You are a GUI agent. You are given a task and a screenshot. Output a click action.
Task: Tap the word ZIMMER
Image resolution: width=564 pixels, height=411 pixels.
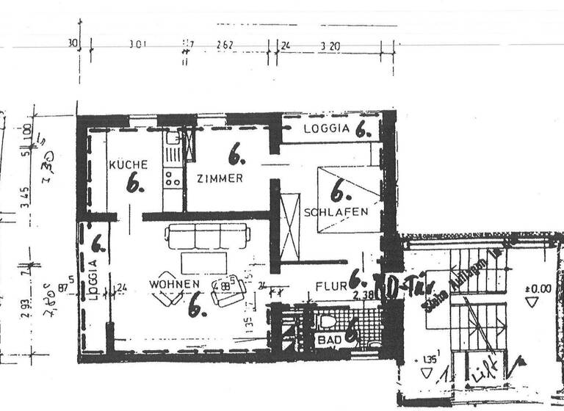tap(220, 178)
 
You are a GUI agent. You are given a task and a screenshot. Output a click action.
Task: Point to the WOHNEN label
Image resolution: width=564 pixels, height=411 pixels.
tap(174, 283)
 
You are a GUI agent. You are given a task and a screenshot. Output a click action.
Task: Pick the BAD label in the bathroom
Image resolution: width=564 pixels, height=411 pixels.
tap(328, 341)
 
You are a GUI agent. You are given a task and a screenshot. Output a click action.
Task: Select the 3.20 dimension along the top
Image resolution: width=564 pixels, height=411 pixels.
tap(331, 45)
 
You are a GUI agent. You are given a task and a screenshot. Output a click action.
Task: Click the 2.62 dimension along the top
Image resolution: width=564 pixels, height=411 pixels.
tap(225, 45)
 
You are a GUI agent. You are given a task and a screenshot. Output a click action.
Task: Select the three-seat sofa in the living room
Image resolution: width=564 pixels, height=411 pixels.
tap(207, 236)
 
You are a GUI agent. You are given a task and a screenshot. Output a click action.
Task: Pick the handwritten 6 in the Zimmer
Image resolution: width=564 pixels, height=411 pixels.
tap(236, 156)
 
